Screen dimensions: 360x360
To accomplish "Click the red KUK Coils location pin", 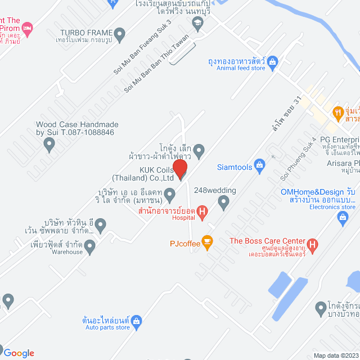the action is coord(179,169).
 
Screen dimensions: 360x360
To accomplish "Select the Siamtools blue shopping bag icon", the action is coord(259,165).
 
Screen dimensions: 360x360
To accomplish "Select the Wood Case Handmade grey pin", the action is coord(49,145).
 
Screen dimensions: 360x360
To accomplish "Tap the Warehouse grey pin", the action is coord(91,245).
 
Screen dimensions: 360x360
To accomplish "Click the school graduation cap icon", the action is coord(197,24).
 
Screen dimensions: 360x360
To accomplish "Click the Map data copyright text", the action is coord(335,355).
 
